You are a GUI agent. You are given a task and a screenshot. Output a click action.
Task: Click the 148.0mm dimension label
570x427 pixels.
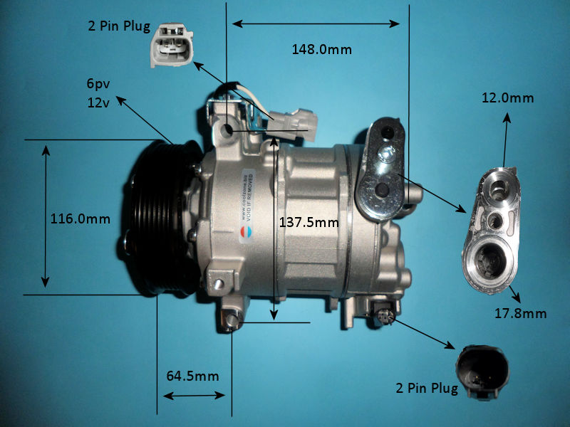(x=321, y=50)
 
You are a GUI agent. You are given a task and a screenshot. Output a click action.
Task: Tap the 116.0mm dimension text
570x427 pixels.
(x=80, y=219)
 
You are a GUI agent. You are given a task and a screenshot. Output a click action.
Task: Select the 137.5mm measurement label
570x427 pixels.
(x=308, y=222)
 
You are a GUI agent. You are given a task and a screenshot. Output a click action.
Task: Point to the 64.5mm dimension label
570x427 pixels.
(x=192, y=376)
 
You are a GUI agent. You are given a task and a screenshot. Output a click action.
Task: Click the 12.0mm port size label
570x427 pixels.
(x=507, y=98)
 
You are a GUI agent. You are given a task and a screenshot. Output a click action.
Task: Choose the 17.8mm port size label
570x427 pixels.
(x=521, y=313)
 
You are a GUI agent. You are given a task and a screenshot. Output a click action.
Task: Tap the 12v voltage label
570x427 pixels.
(x=97, y=102)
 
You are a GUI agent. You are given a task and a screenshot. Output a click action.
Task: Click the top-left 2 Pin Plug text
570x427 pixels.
(x=119, y=27)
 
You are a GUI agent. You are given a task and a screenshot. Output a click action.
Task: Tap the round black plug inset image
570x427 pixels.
(x=484, y=369)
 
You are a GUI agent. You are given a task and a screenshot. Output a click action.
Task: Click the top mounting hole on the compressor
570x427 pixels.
(x=229, y=130)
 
